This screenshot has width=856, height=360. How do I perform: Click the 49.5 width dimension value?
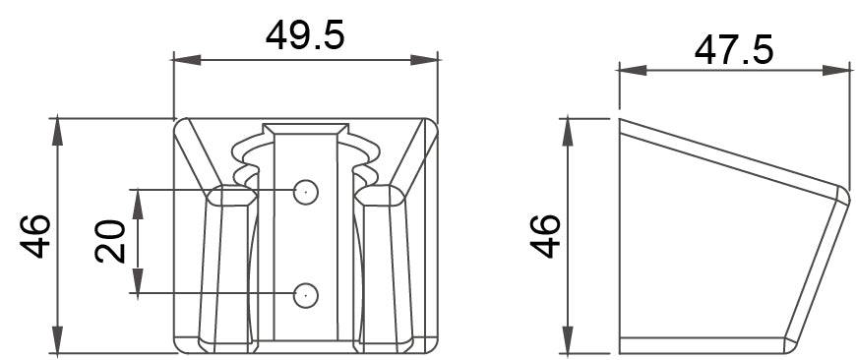305,36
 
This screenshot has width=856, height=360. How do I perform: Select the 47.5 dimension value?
734,50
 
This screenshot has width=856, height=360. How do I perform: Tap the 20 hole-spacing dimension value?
110,241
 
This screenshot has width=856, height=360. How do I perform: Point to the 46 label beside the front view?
35,236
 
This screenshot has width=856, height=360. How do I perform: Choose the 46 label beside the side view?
545,236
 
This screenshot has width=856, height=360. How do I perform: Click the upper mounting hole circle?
306,192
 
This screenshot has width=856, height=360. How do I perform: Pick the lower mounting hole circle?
306,295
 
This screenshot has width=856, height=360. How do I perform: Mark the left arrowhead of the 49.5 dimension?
187,60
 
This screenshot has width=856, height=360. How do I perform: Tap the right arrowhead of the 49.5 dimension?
424,60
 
